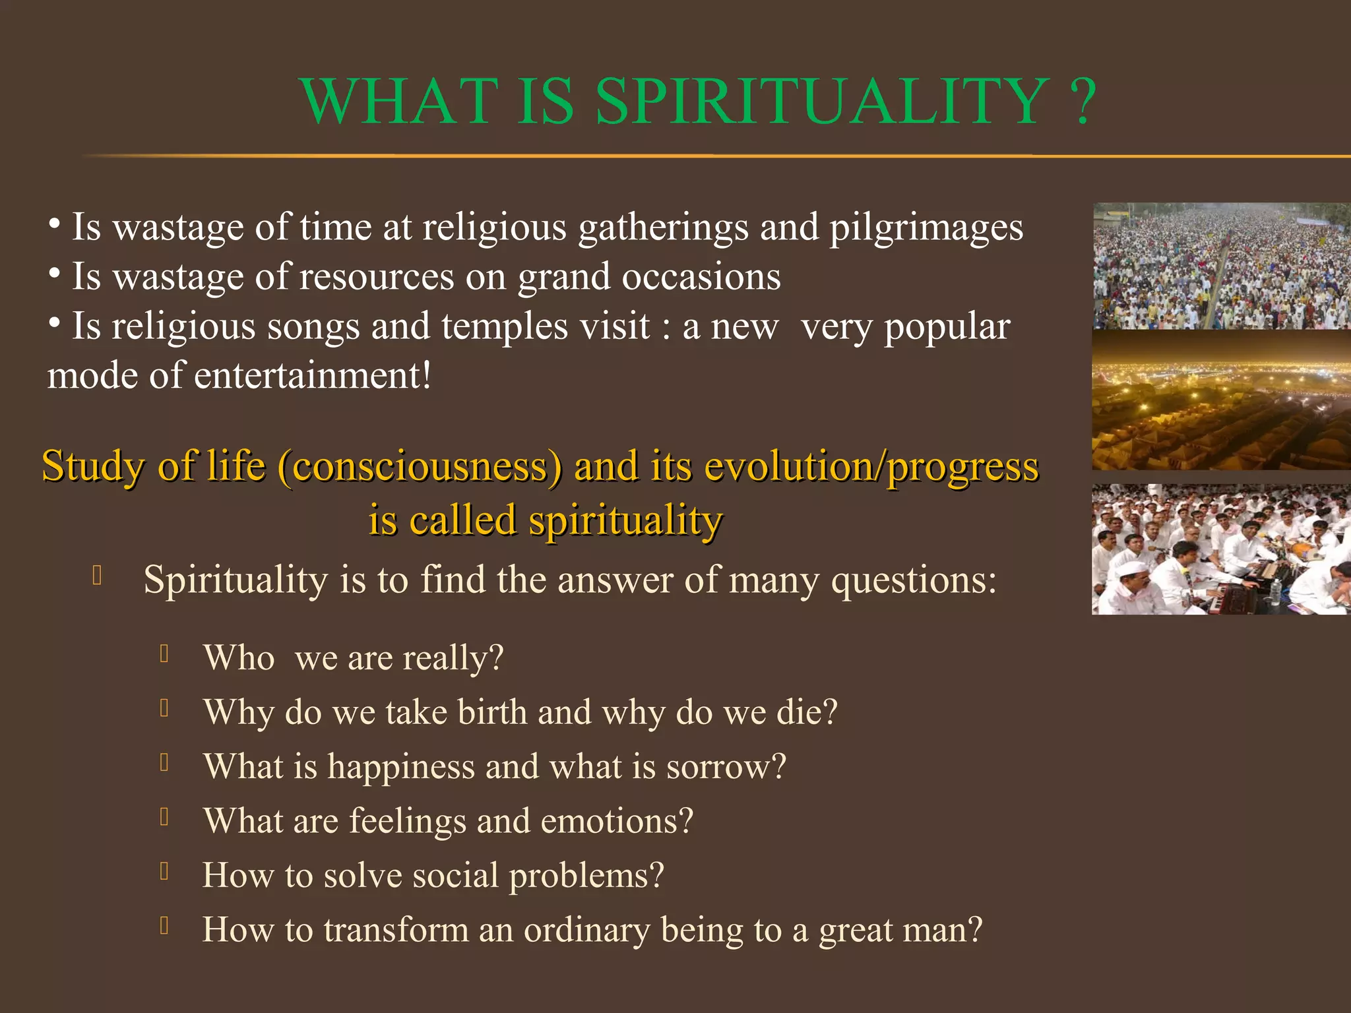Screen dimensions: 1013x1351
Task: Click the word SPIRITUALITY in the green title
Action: tap(822, 102)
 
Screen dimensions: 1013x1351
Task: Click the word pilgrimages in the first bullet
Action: tap(926, 228)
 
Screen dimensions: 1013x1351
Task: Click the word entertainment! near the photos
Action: tap(313, 376)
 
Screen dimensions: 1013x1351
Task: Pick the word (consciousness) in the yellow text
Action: tap(420, 466)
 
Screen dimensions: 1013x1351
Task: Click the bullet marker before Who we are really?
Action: tap(165, 654)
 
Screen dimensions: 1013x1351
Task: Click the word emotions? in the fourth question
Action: tap(617, 822)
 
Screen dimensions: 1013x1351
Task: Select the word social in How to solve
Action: tap(455, 876)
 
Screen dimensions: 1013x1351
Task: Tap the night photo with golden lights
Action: tap(1220, 400)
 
